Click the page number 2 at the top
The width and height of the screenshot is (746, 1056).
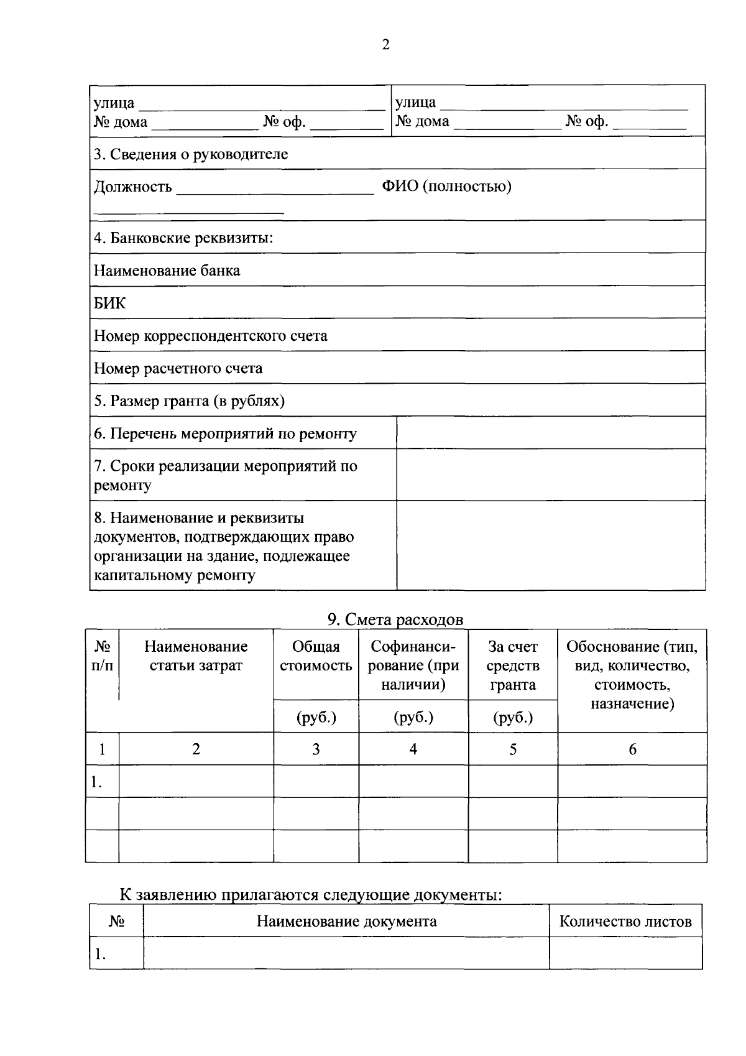tap(385, 45)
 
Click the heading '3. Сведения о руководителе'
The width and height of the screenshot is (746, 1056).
tap(191, 154)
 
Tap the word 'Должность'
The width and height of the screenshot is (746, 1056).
tap(132, 187)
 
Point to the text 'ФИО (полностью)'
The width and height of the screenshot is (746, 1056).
tap(446, 187)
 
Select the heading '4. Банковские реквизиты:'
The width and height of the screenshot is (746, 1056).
tap(183, 238)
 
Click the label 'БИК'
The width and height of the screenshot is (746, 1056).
tap(109, 303)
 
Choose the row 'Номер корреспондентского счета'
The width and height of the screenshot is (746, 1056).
tap(210, 336)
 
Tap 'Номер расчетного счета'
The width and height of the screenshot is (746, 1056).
tap(178, 368)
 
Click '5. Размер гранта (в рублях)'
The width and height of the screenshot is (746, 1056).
tap(189, 401)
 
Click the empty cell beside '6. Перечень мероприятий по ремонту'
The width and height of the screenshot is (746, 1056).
tap(550, 433)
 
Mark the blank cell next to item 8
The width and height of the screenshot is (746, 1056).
tap(550, 545)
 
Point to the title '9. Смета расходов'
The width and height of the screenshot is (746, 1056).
tap(395, 619)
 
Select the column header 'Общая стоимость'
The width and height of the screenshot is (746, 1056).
tap(316, 656)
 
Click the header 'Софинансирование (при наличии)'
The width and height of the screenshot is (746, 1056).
tap(413, 665)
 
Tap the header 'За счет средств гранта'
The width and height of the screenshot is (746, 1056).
tap(512, 665)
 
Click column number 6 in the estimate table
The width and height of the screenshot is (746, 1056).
tap(632, 749)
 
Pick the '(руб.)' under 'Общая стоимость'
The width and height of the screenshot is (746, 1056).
tap(316, 717)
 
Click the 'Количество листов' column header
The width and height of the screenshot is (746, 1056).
tap(625, 921)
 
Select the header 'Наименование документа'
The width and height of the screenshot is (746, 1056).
tap(346, 921)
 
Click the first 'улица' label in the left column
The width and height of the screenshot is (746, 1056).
tap(114, 103)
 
